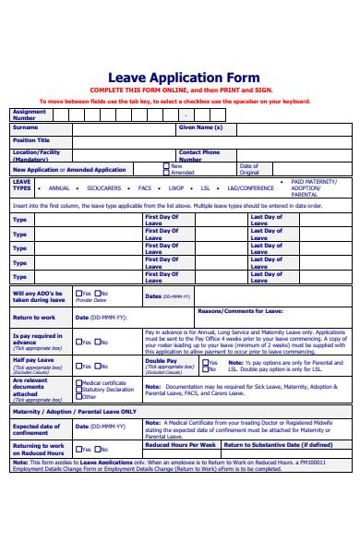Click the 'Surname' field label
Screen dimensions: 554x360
pyautogui.click(x=26, y=128)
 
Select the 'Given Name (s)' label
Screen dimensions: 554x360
pyautogui.click(x=200, y=127)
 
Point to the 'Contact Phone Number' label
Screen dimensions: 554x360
pyautogui.click(x=198, y=155)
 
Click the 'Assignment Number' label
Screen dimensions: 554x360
pyautogui.click(x=30, y=114)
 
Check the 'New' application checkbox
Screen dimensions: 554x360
pyautogui.click(x=166, y=166)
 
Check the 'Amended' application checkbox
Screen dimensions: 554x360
pyautogui.click(x=166, y=173)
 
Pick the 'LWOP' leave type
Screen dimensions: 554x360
pyautogui.click(x=177, y=186)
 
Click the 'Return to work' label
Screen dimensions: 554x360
pyautogui.click(x=34, y=317)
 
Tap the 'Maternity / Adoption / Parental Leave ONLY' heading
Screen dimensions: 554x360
pyautogui.click(x=74, y=411)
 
